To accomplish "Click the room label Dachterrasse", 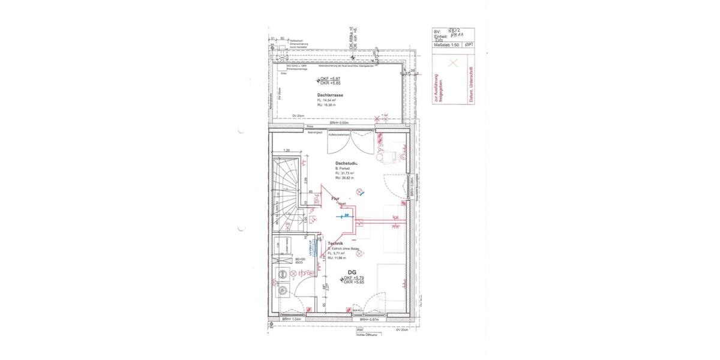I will [x=330, y=95].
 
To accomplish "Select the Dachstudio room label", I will [x=347, y=163].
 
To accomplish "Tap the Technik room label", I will [x=335, y=244].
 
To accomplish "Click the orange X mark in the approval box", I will [x=454, y=62].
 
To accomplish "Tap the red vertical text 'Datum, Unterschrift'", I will [x=471, y=88].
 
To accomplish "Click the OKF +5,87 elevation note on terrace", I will [x=329, y=79].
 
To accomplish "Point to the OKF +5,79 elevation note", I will [x=354, y=278].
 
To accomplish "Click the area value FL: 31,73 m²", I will [x=344, y=173].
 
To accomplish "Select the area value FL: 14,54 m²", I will [x=328, y=100].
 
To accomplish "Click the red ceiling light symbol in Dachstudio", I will [x=359, y=191].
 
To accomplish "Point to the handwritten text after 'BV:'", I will [x=454, y=30].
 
